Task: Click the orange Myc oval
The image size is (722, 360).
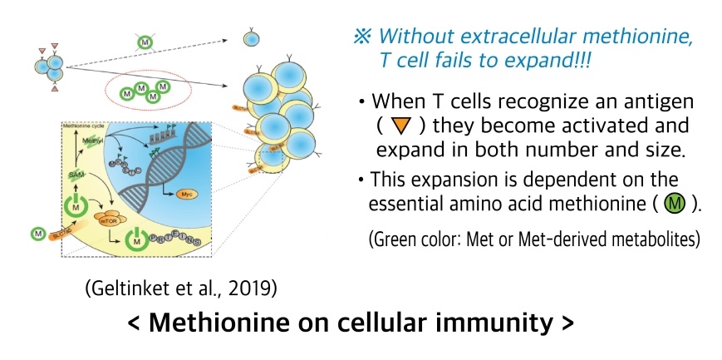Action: [x=188, y=194]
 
